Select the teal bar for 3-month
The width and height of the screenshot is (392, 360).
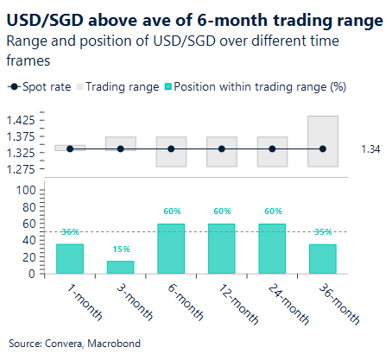[120, 268]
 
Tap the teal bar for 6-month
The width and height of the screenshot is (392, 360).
[171, 249]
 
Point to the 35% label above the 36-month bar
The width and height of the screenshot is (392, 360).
[322, 232]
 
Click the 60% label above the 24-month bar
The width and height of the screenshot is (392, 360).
[272, 210]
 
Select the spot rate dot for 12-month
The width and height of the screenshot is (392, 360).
[222, 149]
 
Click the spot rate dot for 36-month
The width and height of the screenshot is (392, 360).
[322, 149]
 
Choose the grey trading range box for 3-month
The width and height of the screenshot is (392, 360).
[120, 142]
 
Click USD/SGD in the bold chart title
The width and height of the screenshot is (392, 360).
[43, 19]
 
